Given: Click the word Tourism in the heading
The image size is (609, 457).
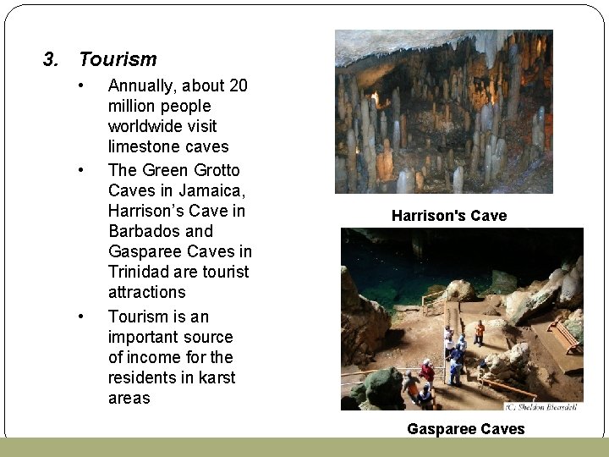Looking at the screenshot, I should pyautogui.click(x=118, y=59).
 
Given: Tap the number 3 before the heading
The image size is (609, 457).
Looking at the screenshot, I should pyautogui.click(x=50, y=59).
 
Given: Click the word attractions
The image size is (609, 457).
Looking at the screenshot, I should pyautogui.click(x=146, y=291).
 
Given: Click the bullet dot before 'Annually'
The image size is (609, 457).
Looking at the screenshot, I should pyautogui.click(x=80, y=85).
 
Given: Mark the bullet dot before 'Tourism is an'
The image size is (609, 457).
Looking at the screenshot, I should pyautogui.click(x=80, y=317).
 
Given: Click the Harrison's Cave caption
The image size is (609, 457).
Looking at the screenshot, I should pyautogui.click(x=449, y=216).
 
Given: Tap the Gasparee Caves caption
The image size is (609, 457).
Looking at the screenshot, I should pyautogui.click(x=465, y=429).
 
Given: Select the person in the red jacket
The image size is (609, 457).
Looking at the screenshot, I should pyautogui.click(x=428, y=371).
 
